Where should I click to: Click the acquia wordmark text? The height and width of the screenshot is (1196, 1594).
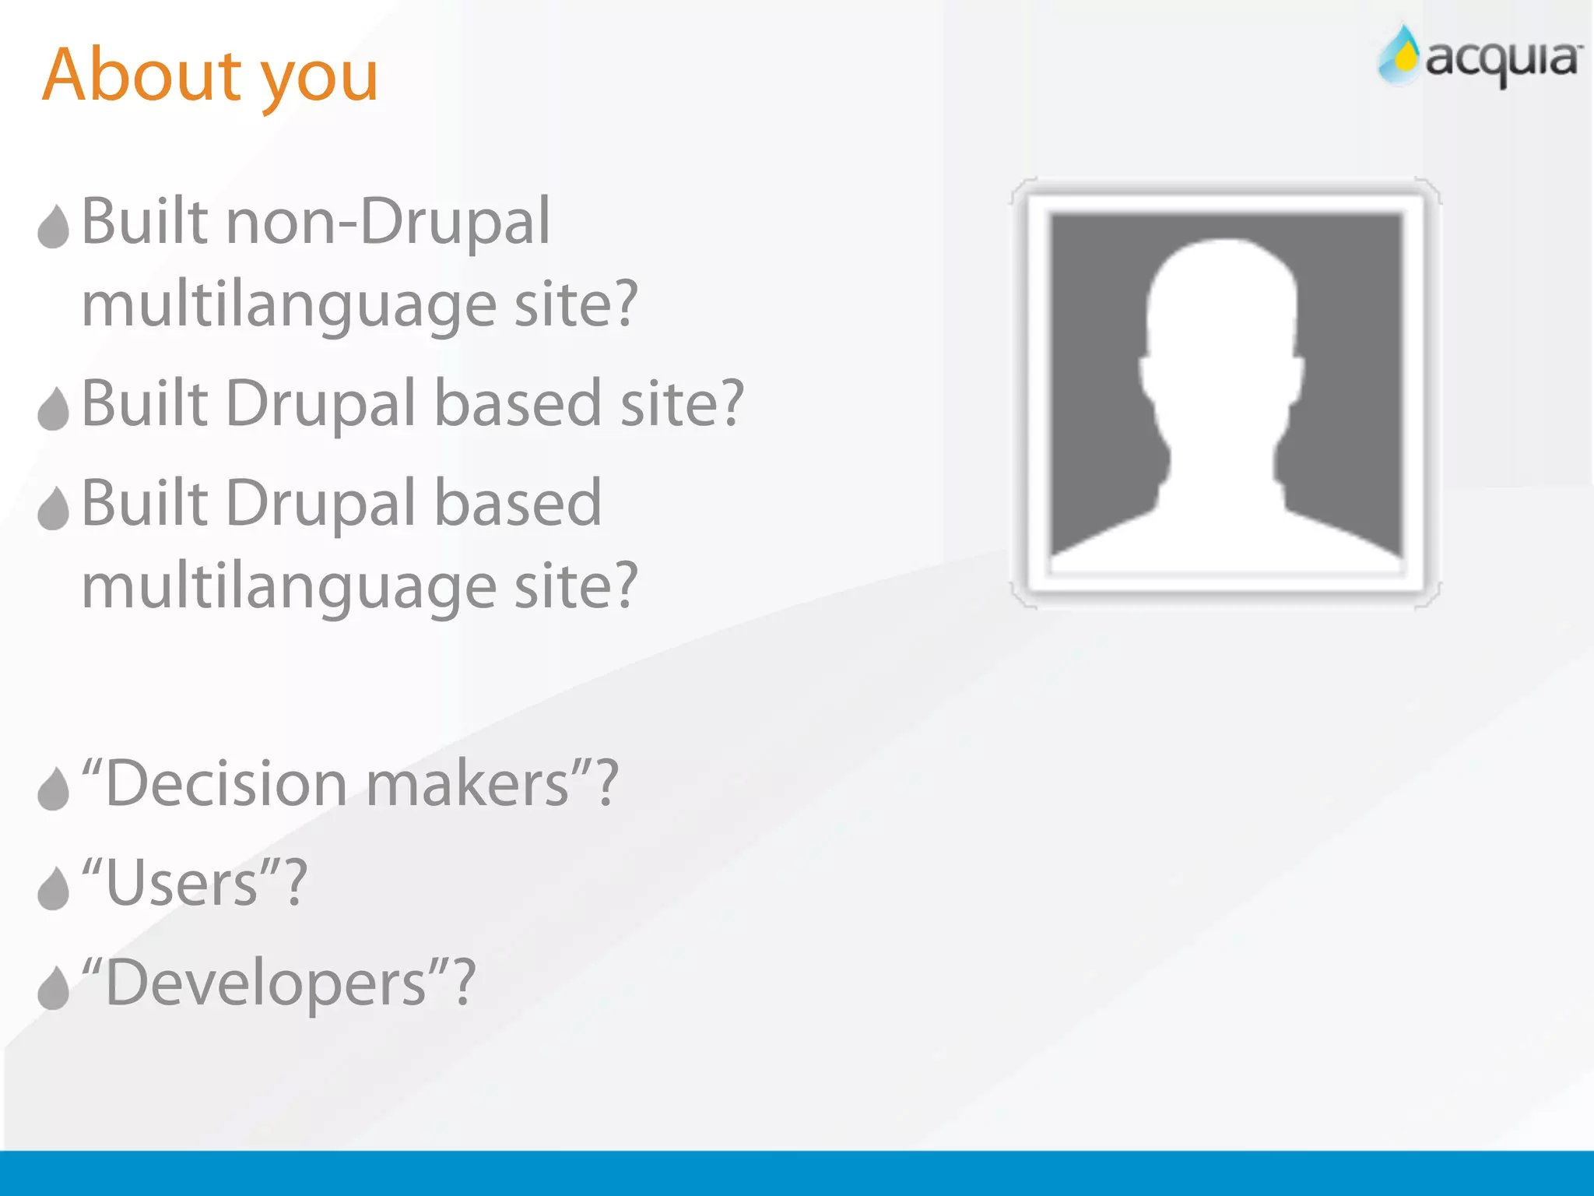(1502, 61)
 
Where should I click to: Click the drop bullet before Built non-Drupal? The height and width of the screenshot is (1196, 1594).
(54, 227)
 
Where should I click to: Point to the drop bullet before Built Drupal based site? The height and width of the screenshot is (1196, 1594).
(54, 408)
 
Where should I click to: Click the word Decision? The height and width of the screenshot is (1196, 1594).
(226, 784)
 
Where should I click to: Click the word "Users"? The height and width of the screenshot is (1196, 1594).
(195, 884)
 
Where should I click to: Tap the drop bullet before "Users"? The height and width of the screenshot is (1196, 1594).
(54, 888)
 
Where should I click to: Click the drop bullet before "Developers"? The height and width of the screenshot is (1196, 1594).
(54, 988)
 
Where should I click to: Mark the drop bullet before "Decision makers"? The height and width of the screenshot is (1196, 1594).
(54, 789)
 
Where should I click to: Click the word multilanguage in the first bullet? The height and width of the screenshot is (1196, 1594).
(289, 306)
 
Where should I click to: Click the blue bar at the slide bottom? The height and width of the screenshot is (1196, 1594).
(797, 1173)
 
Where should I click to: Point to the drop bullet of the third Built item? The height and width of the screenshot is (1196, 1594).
(54, 508)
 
